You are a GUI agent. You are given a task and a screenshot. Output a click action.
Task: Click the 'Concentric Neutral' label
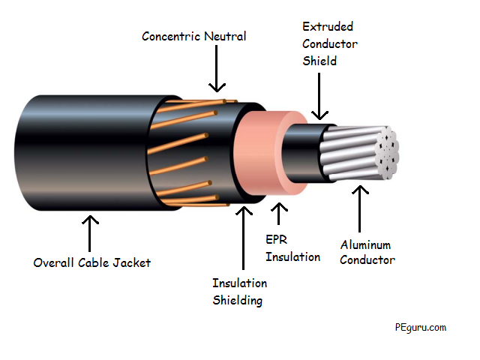[193, 37]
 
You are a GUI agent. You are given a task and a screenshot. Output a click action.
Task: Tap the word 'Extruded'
[328, 27]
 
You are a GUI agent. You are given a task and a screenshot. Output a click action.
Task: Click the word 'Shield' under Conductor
[319, 61]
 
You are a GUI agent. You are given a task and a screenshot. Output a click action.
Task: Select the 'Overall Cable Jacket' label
[91, 262]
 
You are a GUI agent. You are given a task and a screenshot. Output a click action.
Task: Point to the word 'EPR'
[277, 239]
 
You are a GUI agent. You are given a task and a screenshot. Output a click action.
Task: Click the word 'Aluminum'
[365, 245]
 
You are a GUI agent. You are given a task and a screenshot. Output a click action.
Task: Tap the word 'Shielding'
[238, 301]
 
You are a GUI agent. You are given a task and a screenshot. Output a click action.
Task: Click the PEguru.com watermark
[421, 328]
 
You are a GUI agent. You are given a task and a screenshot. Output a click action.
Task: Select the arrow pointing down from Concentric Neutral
[217, 68]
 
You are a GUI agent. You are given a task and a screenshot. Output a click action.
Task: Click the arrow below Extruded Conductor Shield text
[319, 96]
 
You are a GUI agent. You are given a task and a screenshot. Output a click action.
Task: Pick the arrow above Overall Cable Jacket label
[90, 233]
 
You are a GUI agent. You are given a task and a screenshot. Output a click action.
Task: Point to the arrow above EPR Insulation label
[278, 214]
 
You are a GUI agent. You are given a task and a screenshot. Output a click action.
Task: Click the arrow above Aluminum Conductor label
[360, 208]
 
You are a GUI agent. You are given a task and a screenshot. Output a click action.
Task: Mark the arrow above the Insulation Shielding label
[244, 238]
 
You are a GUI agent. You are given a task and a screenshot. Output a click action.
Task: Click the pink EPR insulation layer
[259, 153]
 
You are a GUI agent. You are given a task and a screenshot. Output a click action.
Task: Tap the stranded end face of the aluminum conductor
[387, 153]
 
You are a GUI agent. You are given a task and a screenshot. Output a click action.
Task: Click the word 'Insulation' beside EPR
[293, 256]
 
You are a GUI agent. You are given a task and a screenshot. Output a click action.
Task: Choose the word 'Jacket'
[132, 262]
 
